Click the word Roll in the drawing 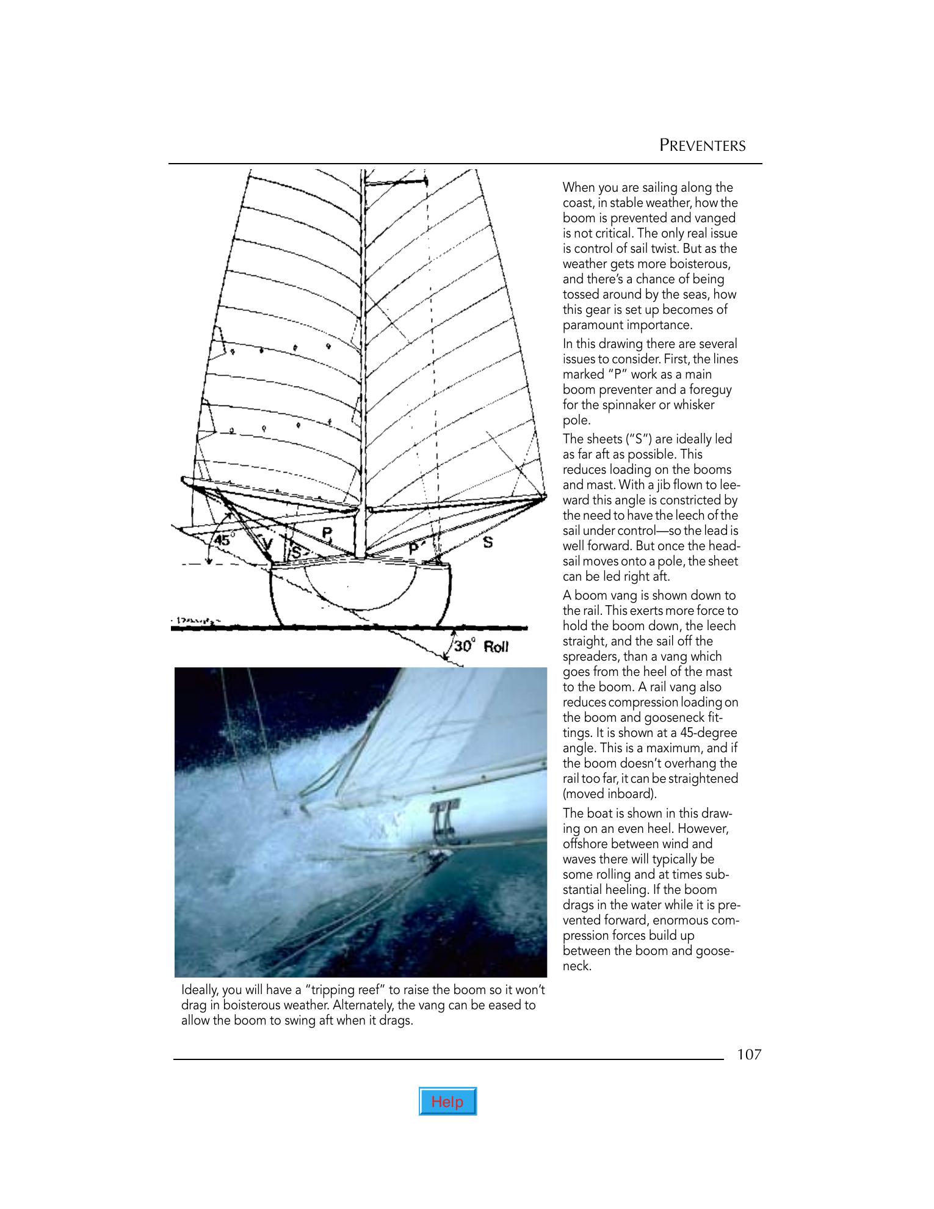(496, 647)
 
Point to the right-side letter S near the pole (488, 542)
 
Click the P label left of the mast (327, 534)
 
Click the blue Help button (447, 1102)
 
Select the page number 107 (749, 1055)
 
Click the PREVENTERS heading (702, 146)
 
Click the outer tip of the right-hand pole (545, 498)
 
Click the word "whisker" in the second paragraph (693, 405)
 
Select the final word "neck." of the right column (577, 966)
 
